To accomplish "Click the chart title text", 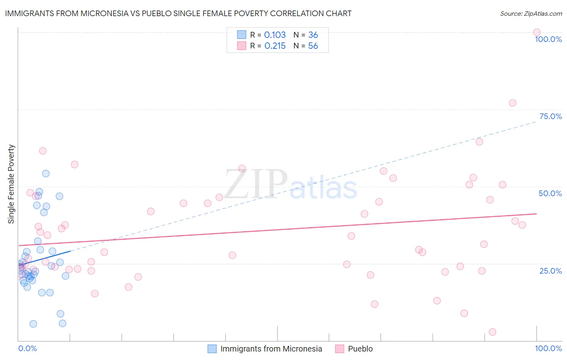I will (x=178, y=13).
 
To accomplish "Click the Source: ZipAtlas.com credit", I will (x=531, y=13).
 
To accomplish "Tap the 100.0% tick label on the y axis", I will (x=548, y=39).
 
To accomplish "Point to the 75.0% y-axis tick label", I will (x=550, y=116).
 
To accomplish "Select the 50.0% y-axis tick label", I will (x=550, y=193).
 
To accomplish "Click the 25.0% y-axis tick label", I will (x=550, y=270).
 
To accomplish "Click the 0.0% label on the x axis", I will (x=27, y=348).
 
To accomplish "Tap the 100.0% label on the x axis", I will (x=548, y=348).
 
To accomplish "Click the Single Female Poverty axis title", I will (x=11, y=184).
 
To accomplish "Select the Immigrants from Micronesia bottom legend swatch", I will (x=212, y=349).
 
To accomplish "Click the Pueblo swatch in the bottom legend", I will (x=340, y=349).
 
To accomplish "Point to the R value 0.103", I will (x=275, y=35).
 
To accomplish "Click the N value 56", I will (x=313, y=46).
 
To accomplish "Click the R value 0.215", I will (x=275, y=46).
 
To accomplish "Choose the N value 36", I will (x=313, y=35).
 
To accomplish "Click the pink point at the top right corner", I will (x=536, y=32).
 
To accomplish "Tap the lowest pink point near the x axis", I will (x=492, y=332).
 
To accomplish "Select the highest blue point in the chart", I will (x=46, y=174).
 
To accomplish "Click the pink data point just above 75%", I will (x=512, y=103).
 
